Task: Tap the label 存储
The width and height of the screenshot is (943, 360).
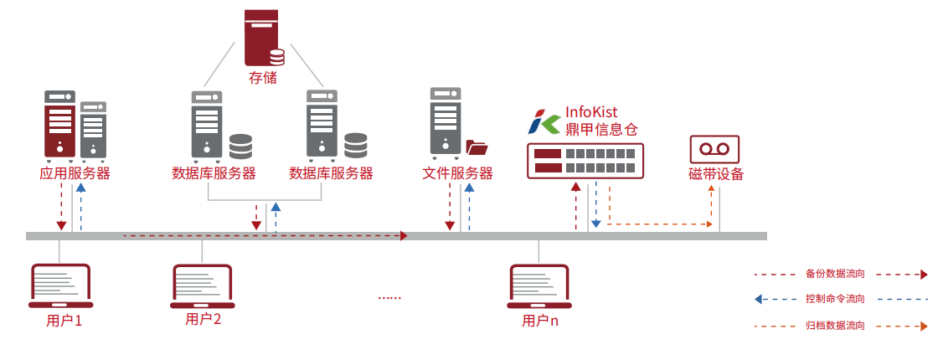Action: coord(263,78)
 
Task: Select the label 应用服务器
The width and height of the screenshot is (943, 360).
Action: coord(75,174)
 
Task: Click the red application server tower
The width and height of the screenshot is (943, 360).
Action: coord(59,125)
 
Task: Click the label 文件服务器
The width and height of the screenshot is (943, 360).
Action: coord(457,174)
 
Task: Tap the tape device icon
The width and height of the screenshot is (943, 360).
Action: coord(714,149)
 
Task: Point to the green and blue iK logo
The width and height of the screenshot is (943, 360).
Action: coord(545,122)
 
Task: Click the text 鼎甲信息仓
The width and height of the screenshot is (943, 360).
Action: coord(601,130)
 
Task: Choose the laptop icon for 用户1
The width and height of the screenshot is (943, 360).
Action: coord(61,287)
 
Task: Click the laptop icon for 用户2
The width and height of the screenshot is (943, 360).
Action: coord(202,287)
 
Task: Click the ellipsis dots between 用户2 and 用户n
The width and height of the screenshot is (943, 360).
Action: coord(390,297)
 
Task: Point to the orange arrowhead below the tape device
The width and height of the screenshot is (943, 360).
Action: coord(712,188)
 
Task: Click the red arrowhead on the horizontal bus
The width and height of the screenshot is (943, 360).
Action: coord(404,236)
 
